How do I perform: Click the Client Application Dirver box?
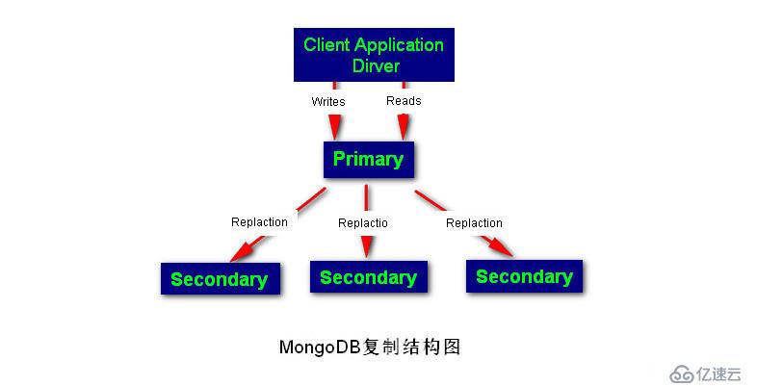[x=374, y=55]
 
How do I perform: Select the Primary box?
[x=368, y=159]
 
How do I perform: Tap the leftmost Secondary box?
[x=221, y=278]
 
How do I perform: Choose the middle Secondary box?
[x=368, y=276]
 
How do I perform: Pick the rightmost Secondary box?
[x=524, y=276]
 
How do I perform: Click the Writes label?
[x=328, y=102]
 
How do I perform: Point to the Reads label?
[x=404, y=101]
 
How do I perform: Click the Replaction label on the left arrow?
[x=259, y=222]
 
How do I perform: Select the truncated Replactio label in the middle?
[x=362, y=223]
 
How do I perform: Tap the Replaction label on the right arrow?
[x=474, y=223]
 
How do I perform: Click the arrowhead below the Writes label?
[x=334, y=126]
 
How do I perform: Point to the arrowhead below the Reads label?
[x=404, y=126]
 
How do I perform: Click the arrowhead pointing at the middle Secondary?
[x=366, y=246]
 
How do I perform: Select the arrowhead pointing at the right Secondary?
[x=499, y=247]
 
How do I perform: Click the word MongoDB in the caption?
[x=320, y=347]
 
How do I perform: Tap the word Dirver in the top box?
[x=376, y=65]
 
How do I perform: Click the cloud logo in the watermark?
[x=682, y=373]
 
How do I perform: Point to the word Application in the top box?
[x=400, y=46]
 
